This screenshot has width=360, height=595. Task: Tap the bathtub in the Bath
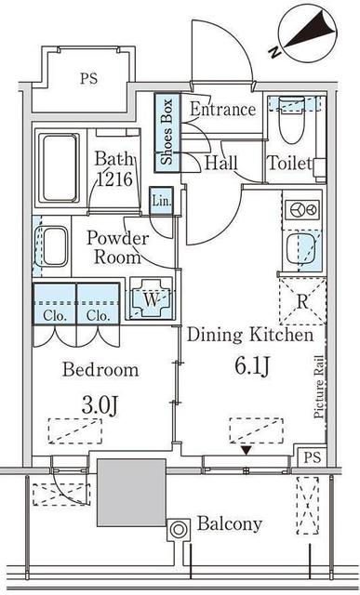60,167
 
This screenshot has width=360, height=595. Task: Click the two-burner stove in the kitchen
302,209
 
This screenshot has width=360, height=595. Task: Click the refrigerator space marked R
302,301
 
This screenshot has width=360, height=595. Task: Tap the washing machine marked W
151,298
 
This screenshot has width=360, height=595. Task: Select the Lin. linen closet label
161,200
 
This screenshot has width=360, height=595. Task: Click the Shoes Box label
167,131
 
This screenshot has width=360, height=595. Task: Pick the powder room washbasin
54,246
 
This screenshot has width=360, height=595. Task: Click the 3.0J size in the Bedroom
100,406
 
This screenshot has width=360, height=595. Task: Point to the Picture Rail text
319,387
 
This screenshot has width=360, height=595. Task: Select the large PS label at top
88,78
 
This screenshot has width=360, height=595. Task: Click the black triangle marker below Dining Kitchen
247,450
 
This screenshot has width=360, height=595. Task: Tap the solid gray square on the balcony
131,493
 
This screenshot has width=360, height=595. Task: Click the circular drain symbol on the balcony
178,529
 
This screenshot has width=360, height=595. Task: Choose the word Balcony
230,524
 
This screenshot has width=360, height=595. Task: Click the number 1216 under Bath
115,178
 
